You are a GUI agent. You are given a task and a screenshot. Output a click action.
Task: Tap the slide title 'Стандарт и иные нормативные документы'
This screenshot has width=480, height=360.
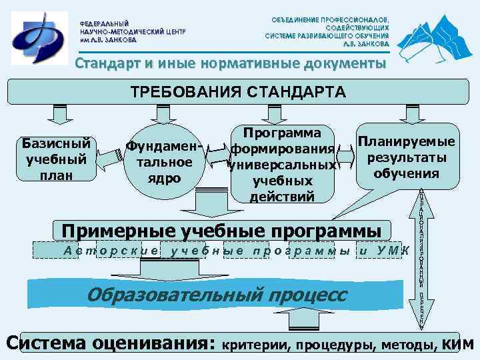point(230,65)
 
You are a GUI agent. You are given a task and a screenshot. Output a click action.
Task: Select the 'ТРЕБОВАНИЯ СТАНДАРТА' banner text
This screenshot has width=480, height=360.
point(239,92)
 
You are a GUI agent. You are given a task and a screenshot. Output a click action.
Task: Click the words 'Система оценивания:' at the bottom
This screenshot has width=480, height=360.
point(111,344)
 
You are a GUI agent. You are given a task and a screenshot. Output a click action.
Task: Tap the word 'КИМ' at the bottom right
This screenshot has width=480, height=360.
point(458,344)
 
